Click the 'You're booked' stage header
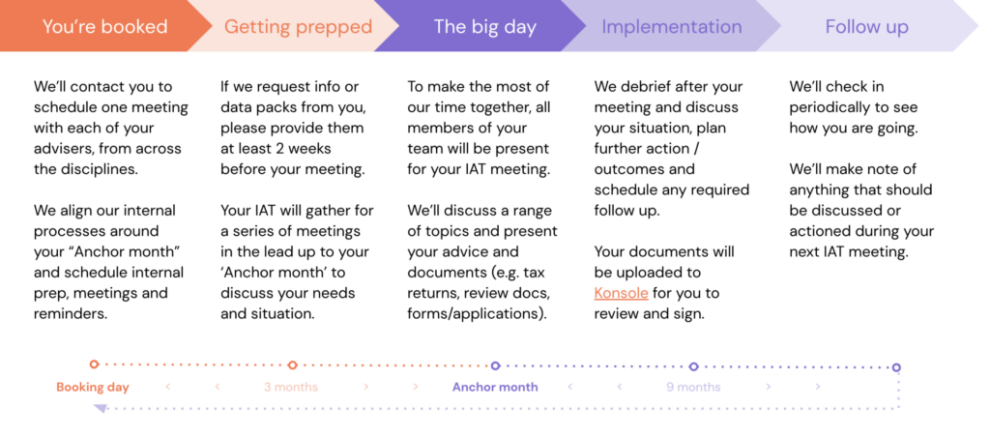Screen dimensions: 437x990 click(x=104, y=26)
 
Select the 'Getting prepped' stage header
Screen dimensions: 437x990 click(x=298, y=26)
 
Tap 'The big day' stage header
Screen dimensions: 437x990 click(x=484, y=26)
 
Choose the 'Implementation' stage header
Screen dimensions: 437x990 click(x=672, y=26)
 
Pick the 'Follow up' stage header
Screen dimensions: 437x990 click(x=866, y=26)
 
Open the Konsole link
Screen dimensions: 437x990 click(x=621, y=293)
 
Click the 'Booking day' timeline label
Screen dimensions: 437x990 click(x=93, y=387)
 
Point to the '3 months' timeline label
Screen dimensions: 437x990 click(x=291, y=387)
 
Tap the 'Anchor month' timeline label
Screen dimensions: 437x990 click(x=495, y=387)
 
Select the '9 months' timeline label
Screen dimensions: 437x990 click(x=693, y=387)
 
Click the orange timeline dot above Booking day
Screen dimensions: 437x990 click(x=94, y=364)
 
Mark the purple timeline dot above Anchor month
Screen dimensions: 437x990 click(x=495, y=365)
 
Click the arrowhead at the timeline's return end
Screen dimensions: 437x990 click(x=100, y=408)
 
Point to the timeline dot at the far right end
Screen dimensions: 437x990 click(x=896, y=366)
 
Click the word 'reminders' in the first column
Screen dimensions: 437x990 click(x=69, y=313)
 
